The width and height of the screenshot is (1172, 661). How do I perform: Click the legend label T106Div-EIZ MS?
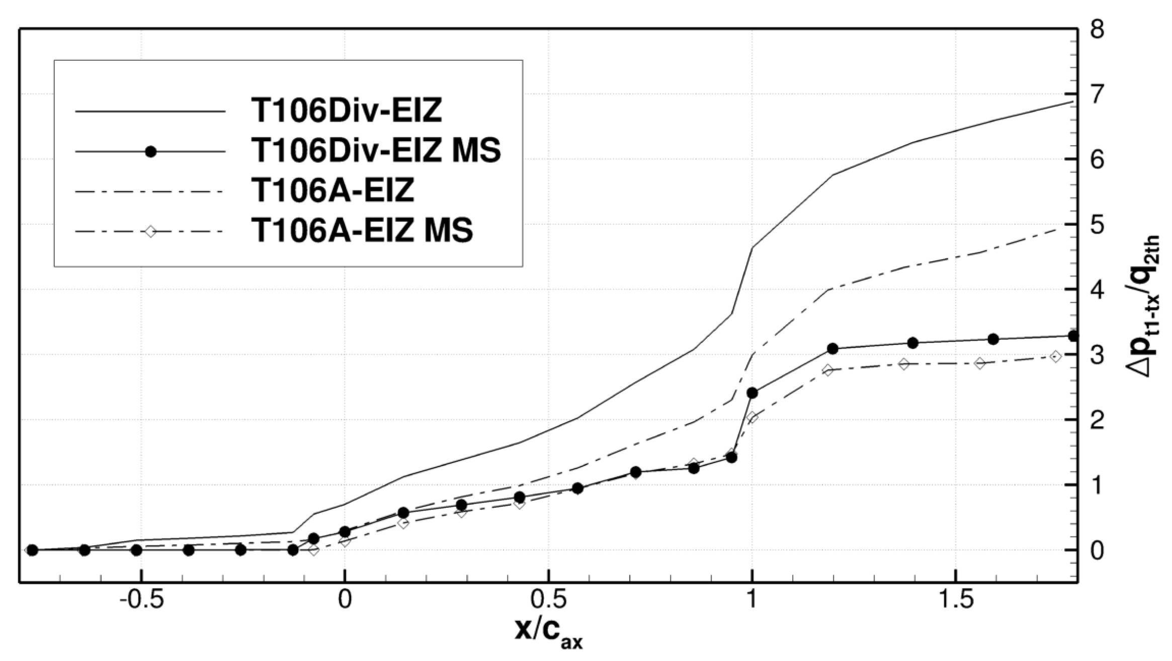pyautogui.click(x=376, y=151)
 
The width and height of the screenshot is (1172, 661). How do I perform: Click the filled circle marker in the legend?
pyautogui.click(x=150, y=151)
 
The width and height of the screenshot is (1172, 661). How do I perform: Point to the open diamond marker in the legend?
pyautogui.click(x=150, y=232)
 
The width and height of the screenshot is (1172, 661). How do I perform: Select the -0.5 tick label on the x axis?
pyautogui.click(x=135, y=600)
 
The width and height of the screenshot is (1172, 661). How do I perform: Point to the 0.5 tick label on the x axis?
pyautogui.click(x=548, y=600)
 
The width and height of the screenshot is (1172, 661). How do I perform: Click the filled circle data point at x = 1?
pyautogui.click(x=752, y=393)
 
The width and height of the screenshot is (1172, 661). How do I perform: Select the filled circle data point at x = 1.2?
pyautogui.click(x=832, y=348)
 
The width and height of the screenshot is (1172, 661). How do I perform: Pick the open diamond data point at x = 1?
pyautogui.click(x=752, y=417)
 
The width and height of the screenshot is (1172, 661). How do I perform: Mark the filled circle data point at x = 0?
pyautogui.click(x=345, y=532)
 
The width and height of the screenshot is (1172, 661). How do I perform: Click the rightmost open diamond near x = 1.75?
pyautogui.click(x=1056, y=356)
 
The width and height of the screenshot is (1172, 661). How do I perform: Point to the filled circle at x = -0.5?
pyautogui.click(x=136, y=550)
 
